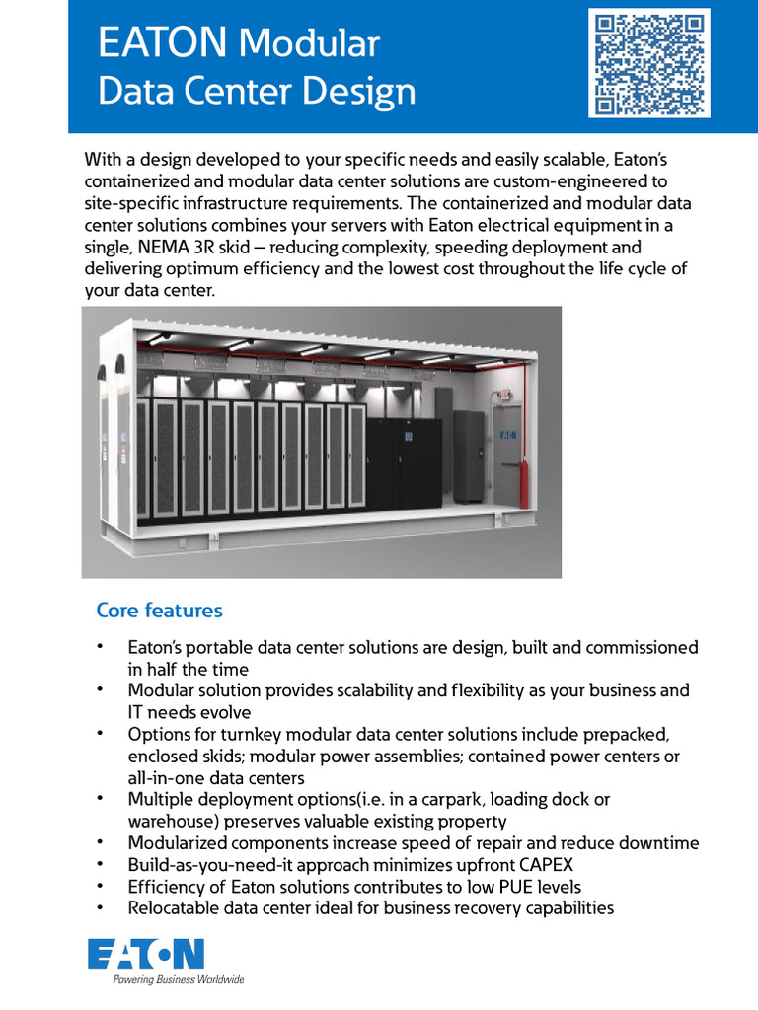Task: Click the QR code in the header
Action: pyautogui.click(x=649, y=62)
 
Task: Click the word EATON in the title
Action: pyautogui.click(x=163, y=44)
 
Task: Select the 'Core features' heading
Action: pyautogui.click(x=159, y=611)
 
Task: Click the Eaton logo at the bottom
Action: pyautogui.click(x=146, y=955)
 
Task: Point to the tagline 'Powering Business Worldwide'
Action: pyautogui.click(x=178, y=980)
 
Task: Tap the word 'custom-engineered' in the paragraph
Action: pyautogui.click(x=564, y=180)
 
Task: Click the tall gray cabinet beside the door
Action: pyautogui.click(x=468, y=458)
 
